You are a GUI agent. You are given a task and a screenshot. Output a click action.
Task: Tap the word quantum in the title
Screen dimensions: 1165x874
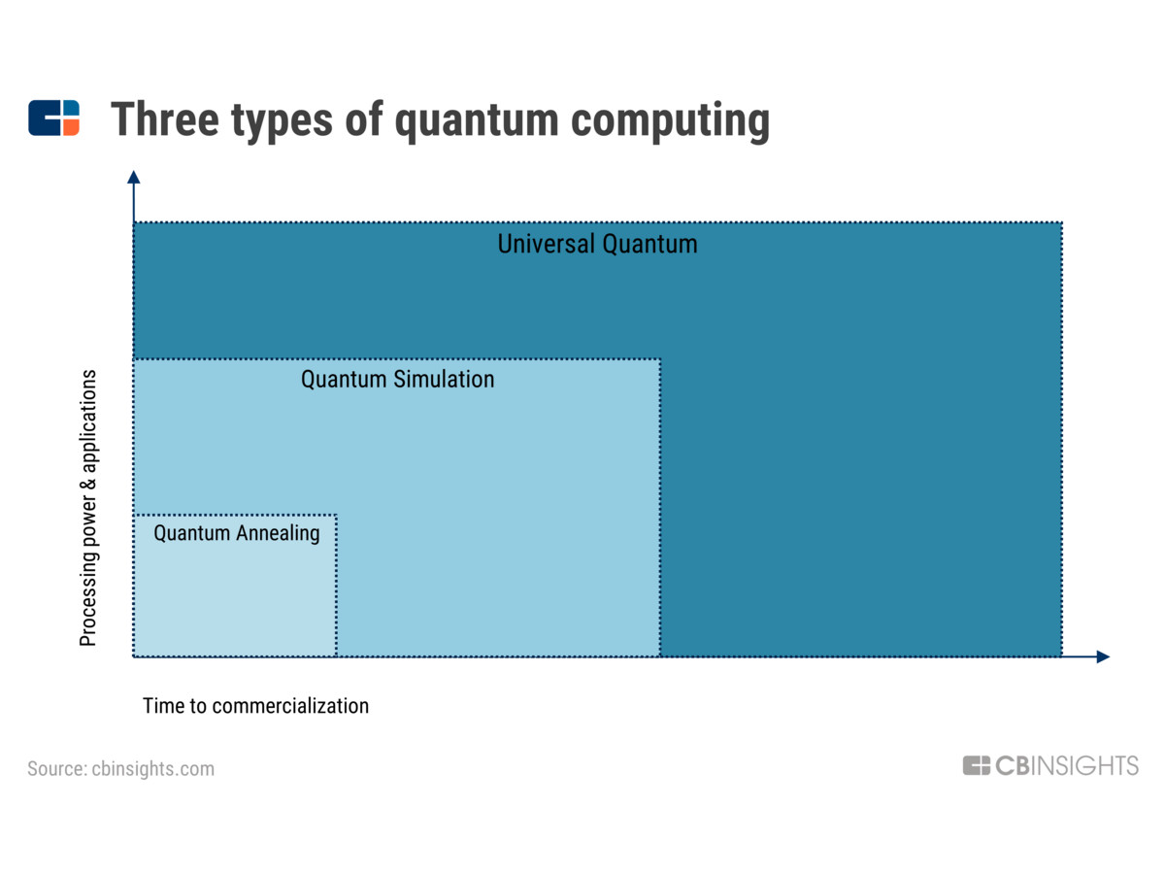pyautogui.click(x=477, y=122)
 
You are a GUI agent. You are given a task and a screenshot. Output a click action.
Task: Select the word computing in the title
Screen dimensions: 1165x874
pyautogui.click(x=670, y=122)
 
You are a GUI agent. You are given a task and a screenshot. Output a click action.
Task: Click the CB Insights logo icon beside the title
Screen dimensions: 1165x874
pyautogui.click(x=53, y=118)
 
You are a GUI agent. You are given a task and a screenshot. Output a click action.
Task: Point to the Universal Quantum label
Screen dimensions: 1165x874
pyautogui.click(x=597, y=245)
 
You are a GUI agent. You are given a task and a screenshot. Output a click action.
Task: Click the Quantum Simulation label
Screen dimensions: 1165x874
pyautogui.click(x=397, y=380)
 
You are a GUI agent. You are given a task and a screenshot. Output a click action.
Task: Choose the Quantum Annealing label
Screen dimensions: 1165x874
pyautogui.click(x=237, y=534)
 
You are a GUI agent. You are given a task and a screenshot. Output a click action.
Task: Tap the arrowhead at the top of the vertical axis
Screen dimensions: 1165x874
pyautogui.click(x=134, y=178)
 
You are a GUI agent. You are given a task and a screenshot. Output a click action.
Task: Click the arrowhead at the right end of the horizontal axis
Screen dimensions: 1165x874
pyautogui.click(x=1103, y=656)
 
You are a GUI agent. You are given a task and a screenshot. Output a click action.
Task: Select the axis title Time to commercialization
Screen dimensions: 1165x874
pyautogui.click(x=256, y=706)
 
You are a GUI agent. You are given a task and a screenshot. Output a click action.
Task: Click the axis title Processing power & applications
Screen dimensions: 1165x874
pyautogui.click(x=88, y=508)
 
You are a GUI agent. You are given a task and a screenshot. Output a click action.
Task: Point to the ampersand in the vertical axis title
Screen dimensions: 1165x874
pyautogui.click(x=88, y=484)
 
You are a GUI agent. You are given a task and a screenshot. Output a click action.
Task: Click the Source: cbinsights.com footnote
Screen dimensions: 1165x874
pyautogui.click(x=121, y=768)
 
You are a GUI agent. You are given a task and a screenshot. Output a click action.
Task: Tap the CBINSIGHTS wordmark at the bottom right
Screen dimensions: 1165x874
pyautogui.click(x=1050, y=766)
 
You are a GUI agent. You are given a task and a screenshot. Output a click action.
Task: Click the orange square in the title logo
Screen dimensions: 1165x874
pyautogui.click(x=71, y=127)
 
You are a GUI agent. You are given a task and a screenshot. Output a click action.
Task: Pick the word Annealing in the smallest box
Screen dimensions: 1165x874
pyautogui.click(x=278, y=534)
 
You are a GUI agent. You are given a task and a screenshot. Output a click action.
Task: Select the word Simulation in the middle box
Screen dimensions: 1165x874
pyautogui.click(x=444, y=380)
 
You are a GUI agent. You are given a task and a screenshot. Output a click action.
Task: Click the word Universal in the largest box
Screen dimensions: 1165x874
pyautogui.click(x=547, y=244)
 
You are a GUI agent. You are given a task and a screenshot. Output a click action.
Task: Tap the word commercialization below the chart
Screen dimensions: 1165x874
pyautogui.click(x=290, y=706)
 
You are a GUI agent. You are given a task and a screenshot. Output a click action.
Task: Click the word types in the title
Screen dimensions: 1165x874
pyautogui.click(x=282, y=122)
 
